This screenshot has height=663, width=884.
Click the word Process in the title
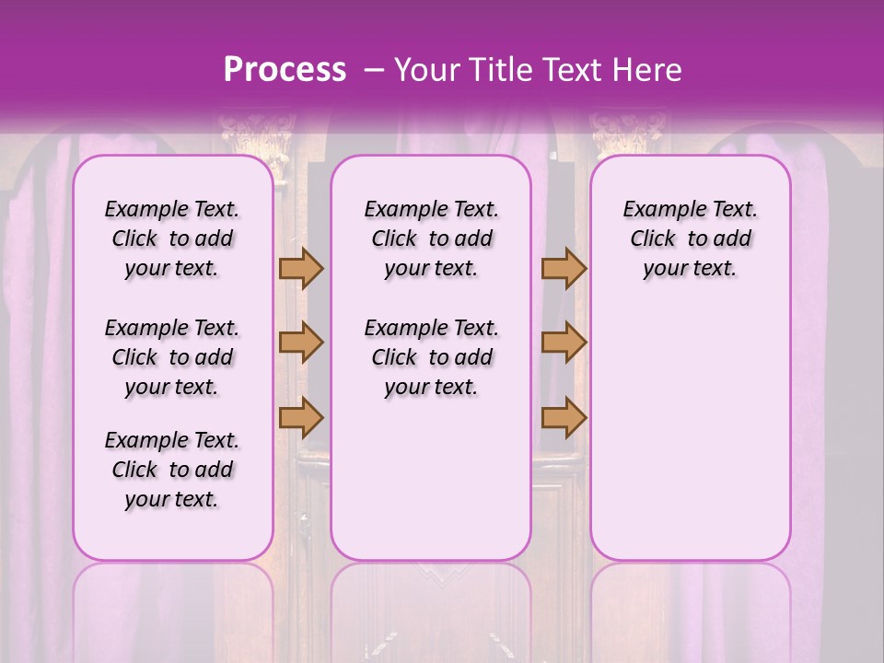285,70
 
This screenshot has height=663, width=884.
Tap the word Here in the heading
647,70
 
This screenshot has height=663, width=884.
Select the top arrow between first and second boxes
301,269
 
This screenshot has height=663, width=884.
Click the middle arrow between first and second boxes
301,343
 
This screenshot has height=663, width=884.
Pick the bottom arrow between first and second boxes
301,417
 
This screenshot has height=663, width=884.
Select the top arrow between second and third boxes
564,269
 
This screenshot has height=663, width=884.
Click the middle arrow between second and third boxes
564,343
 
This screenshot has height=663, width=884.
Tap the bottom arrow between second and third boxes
564,417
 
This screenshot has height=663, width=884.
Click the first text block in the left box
172,238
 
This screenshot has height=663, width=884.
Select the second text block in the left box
172,357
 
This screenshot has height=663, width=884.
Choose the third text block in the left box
172,470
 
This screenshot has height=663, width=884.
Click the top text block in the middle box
431,238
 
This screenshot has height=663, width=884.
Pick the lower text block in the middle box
431,357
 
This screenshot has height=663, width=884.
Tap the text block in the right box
690,238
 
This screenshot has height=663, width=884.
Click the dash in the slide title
374,70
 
